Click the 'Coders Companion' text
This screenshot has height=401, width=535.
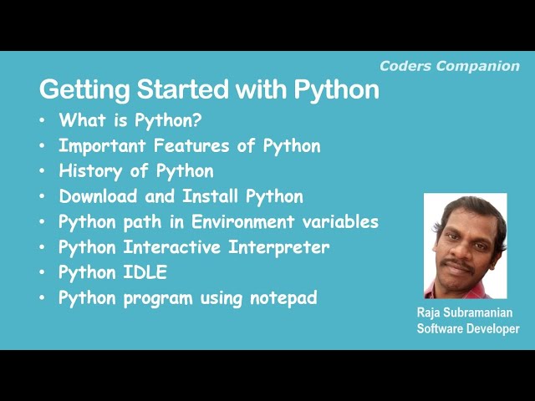pyautogui.click(x=449, y=66)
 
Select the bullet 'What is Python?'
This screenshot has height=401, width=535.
pyautogui.click(x=130, y=120)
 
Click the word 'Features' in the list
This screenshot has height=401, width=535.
pyautogui.click(x=201, y=145)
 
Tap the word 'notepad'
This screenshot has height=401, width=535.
pyautogui.click(x=283, y=298)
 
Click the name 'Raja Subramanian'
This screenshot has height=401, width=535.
pyautogui.click(x=466, y=312)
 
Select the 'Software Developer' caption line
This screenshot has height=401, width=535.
pyautogui.click(x=467, y=328)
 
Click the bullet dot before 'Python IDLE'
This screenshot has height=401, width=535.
pyautogui.click(x=43, y=273)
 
